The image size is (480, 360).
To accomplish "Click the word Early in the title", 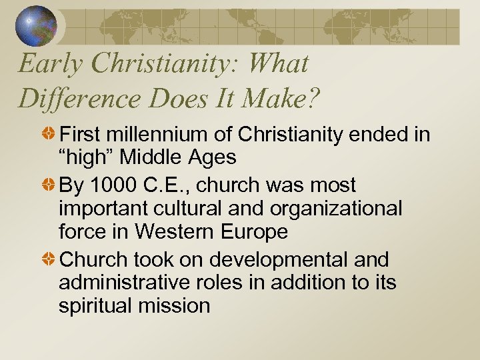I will tap(43, 64).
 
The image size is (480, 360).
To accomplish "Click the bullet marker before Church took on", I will tap(49, 259).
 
